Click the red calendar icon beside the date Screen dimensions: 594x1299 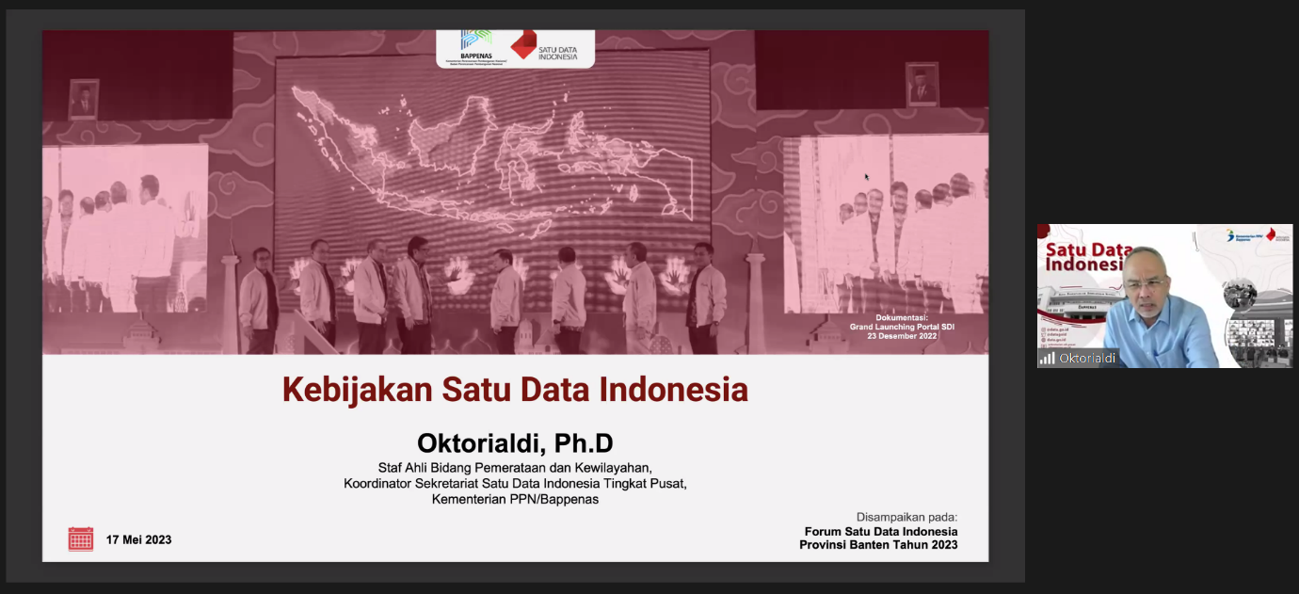[81, 538]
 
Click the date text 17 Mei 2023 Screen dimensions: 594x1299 [138, 539]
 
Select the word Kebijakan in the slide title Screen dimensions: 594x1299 [345, 389]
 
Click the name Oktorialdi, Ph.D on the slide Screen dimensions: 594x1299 [515, 442]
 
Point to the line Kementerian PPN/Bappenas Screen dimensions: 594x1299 [515, 500]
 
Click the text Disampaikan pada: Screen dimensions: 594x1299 [906, 517]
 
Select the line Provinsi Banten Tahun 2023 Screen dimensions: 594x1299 [878, 545]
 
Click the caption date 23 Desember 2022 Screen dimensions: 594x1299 [902, 336]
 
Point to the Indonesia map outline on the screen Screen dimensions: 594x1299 [489, 151]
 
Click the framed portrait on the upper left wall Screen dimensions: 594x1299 [84, 98]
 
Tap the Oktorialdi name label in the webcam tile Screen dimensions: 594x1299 [1087, 359]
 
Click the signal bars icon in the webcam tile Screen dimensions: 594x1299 [1047, 359]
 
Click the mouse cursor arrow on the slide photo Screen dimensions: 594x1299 [867, 176]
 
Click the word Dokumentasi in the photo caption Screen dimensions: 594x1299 [901, 317]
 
